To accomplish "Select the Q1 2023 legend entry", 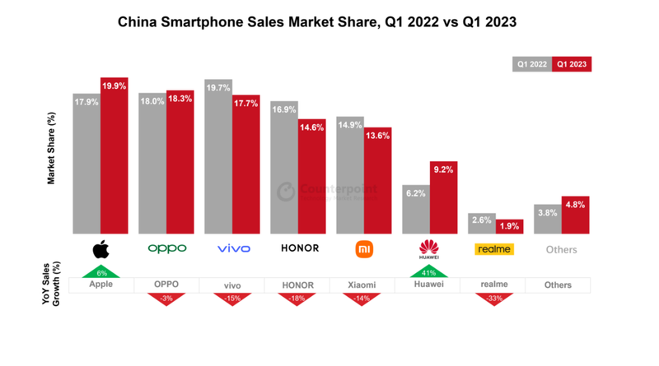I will click(572, 64).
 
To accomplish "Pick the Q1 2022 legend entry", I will click(532, 64).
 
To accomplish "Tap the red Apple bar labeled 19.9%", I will click(114, 156).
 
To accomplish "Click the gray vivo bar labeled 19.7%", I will click(218, 156).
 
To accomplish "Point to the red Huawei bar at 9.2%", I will click(443, 197).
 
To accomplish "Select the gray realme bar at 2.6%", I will click(482, 224).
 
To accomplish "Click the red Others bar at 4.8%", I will click(575, 215).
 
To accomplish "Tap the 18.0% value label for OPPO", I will click(152, 101).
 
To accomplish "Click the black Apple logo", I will click(100, 248).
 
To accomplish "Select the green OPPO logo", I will click(166, 248).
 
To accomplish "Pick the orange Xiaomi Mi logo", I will click(364, 248).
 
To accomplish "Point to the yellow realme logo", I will click(494, 248).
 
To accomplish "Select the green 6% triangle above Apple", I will click(100, 271).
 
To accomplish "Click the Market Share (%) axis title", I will click(51, 149).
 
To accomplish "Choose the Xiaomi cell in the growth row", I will click(362, 285).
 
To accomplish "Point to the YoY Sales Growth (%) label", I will click(51, 284).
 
